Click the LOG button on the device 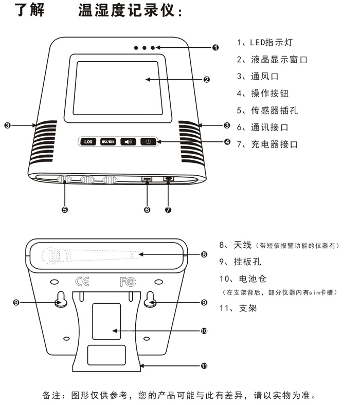[x=87, y=141]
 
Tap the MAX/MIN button [x=107, y=141]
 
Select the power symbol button [x=148, y=141]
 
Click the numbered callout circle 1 [x=215, y=48]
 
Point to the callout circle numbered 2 [x=206, y=80]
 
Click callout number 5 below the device [x=65, y=209]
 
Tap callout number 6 [x=147, y=209]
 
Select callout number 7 [x=168, y=209]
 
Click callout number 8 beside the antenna [x=204, y=254]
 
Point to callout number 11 [x=204, y=366]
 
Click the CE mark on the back [x=82, y=281]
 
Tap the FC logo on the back [x=127, y=281]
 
